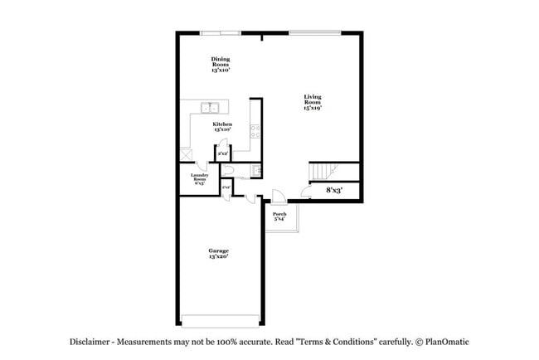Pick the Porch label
(x=279, y=216)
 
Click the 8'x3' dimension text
(x=334, y=191)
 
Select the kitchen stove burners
(x=255, y=130)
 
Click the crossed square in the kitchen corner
(x=186, y=153)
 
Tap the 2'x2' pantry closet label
(x=222, y=153)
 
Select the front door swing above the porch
(x=279, y=197)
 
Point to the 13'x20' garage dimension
(x=218, y=257)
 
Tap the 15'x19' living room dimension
(x=312, y=108)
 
